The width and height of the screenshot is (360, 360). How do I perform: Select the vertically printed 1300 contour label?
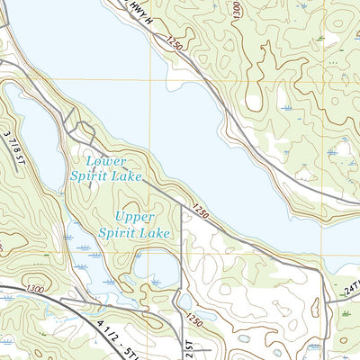(237, 10)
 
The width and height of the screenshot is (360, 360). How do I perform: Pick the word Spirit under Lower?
(82, 176)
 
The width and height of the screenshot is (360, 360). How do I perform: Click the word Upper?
(135, 217)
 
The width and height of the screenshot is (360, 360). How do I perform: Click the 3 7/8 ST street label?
(14, 144)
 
